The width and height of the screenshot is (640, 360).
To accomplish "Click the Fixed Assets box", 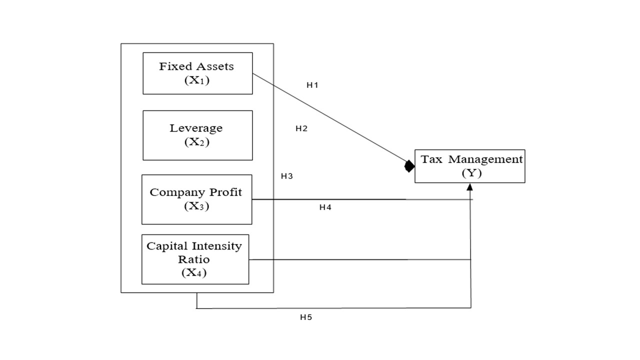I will coord(197,73).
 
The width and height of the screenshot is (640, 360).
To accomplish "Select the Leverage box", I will coord(197,135).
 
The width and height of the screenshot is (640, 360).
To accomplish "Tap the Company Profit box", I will coord(196,199).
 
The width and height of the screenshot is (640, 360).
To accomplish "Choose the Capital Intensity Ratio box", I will coord(195,259).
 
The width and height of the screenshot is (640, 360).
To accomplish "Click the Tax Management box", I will coord(469,166).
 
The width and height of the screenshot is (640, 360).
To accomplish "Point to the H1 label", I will coord(312,85).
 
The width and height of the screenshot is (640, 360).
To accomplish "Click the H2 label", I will coord(301,128).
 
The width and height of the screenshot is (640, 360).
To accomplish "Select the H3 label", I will coord(286,176).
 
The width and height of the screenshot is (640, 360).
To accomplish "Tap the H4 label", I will coord(325,207).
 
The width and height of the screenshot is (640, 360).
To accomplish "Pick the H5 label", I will coord(306,317).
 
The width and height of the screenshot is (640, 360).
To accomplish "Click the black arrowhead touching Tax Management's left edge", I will coord(409,166).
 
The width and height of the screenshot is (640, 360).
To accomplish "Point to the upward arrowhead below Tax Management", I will coord(469,187).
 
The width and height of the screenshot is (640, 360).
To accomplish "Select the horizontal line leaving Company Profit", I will coord(350,199).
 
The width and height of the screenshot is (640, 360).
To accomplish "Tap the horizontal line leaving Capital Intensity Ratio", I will coord(350,259).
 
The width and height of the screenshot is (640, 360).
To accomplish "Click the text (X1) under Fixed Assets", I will coord(196,80).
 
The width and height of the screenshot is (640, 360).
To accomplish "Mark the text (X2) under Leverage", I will coord(196,142).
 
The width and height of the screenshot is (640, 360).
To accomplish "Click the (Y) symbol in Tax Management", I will coord(469,173).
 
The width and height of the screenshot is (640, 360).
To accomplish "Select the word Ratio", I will coord(194,259).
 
